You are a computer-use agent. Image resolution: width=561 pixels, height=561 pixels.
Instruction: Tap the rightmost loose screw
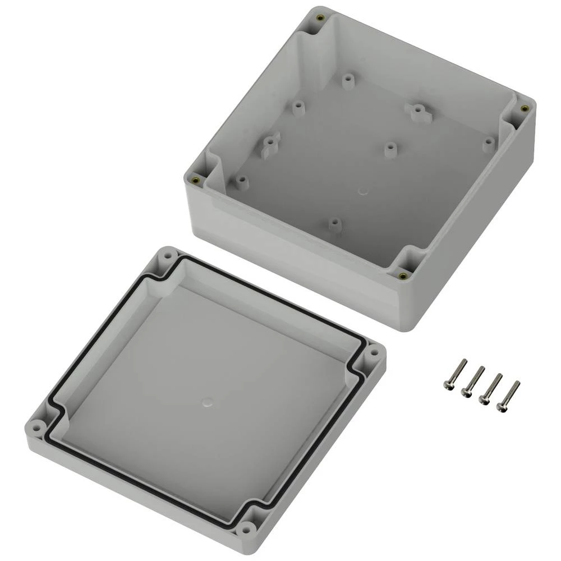(x=508, y=396)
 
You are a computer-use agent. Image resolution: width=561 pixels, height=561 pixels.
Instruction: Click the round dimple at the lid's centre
(x=207, y=402)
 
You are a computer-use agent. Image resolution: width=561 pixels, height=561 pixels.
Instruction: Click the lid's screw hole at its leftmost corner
(x=36, y=428)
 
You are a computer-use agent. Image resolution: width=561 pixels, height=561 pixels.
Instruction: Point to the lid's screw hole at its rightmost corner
(x=373, y=355)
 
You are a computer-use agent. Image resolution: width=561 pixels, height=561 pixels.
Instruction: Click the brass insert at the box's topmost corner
(x=319, y=19)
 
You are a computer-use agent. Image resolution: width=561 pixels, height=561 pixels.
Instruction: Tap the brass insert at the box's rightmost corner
(x=524, y=109)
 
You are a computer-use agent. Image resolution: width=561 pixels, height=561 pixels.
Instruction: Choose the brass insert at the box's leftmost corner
(x=195, y=180)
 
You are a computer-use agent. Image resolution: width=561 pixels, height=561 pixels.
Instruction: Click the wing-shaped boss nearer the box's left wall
(x=271, y=145)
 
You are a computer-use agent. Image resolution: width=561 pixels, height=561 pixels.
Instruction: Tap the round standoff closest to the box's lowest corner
(x=334, y=225)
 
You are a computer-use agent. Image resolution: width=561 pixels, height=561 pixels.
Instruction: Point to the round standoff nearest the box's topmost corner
(x=348, y=81)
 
